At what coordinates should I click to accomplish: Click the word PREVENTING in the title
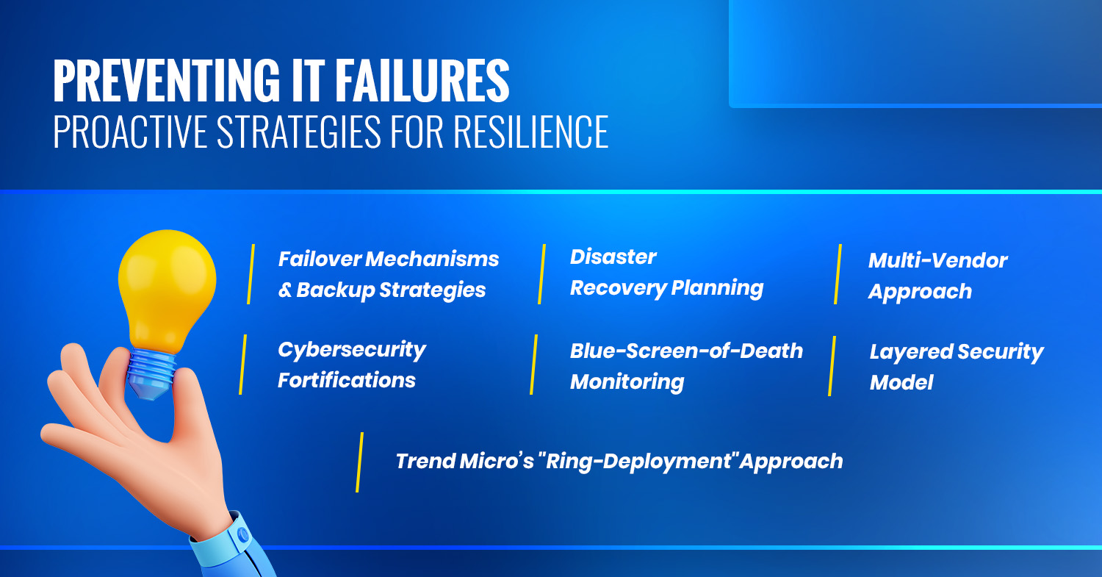[166, 81]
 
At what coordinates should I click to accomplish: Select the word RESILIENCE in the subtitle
[531, 132]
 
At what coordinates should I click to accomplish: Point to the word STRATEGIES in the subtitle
[298, 132]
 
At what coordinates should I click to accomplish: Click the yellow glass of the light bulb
[168, 288]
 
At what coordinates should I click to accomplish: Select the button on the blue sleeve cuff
[242, 534]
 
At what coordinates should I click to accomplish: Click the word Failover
[320, 259]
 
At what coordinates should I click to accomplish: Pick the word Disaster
[613, 257]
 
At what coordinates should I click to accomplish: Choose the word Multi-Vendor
[937, 260]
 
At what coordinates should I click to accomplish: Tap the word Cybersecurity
[352, 351]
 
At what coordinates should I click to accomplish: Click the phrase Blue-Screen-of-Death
[686, 351]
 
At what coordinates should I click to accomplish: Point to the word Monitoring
[627, 382]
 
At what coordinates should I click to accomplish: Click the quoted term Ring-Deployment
[637, 462]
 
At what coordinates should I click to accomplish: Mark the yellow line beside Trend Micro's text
[360, 462]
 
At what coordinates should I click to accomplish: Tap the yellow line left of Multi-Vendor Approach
[838, 274]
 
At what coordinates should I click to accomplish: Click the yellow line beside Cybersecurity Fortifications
[242, 365]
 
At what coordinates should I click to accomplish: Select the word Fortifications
[346, 381]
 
